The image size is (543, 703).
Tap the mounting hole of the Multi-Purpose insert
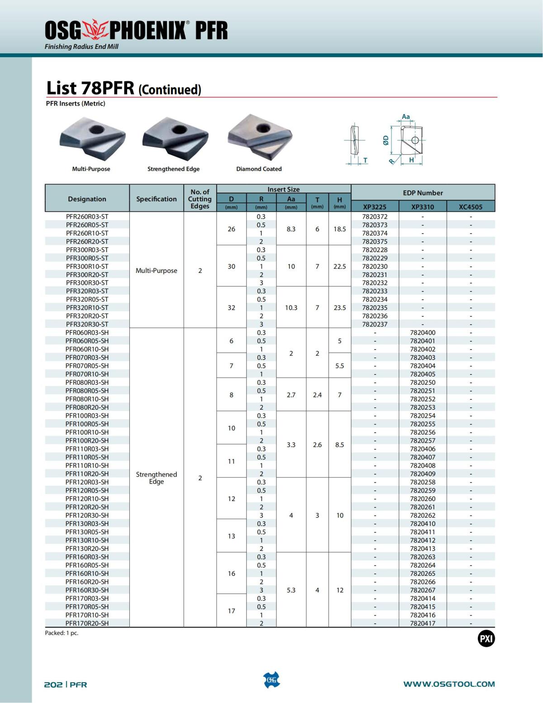96,129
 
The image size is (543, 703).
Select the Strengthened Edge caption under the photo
173,169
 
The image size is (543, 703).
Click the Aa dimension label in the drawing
406,117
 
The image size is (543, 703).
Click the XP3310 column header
423,207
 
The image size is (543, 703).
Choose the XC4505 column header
471,207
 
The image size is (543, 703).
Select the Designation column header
87,199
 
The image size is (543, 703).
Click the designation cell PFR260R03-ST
87,216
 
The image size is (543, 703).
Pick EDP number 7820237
375,324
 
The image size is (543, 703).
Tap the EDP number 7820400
423,332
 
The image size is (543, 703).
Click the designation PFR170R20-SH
87,623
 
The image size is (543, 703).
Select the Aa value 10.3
291,307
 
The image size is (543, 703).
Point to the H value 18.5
339,229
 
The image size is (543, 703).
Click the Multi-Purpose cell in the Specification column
157,271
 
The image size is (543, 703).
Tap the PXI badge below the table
486,639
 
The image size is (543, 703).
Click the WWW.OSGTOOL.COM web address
449,684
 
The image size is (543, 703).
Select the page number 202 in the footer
53,684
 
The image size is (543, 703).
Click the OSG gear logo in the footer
271,680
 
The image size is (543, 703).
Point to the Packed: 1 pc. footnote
62,633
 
